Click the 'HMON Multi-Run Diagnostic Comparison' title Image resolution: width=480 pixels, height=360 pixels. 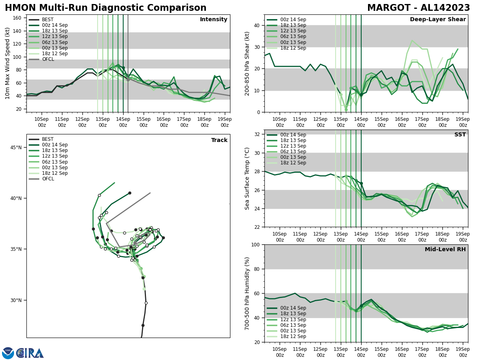tap(106, 8)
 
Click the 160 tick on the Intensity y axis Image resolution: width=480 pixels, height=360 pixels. tap(18, 18)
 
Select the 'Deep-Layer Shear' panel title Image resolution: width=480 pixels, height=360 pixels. tap(438, 20)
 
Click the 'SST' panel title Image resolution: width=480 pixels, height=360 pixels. tap(460, 135)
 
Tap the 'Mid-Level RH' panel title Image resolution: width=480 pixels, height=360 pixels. tap(445, 250)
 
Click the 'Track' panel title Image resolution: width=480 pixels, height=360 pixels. tap(219, 140)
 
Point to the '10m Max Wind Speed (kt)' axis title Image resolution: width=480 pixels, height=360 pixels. tap(8, 63)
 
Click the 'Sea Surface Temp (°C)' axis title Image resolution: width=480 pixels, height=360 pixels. tap(248, 178)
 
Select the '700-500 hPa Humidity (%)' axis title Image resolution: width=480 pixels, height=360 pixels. tap(248, 293)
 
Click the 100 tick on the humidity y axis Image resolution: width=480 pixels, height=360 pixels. tap(255, 244)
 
